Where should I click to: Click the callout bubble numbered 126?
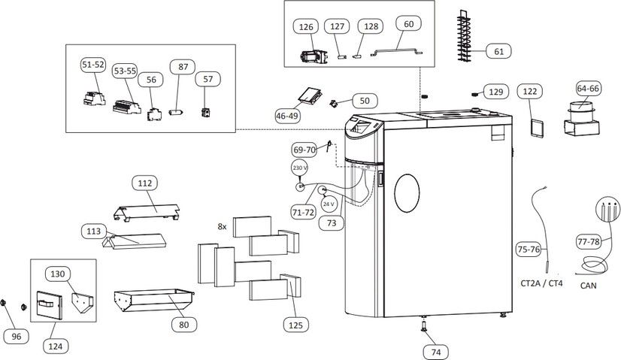pos(306,27)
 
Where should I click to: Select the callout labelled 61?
pos(498,51)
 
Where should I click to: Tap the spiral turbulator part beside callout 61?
pos(464,35)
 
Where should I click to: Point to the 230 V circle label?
pos(300,168)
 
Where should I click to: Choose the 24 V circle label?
pos(329,204)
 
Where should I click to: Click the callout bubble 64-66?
pos(588,89)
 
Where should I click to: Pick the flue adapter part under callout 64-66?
pos(581,119)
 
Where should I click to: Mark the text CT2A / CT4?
pos(541,283)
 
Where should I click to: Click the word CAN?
pos(588,286)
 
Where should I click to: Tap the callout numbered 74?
pos(435,352)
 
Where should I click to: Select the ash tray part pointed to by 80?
pos(153,300)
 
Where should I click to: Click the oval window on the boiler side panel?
pos(407,193)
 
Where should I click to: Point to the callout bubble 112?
pos(144,183)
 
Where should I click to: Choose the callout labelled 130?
pos(57,274)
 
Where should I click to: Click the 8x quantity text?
pos(222,226)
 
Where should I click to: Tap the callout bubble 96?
pos(17,337)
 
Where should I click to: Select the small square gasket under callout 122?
pos(537,128)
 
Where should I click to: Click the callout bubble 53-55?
pos(125,71)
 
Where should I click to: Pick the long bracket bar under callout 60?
pos(396,51)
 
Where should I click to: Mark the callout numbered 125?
pos(295,325)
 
